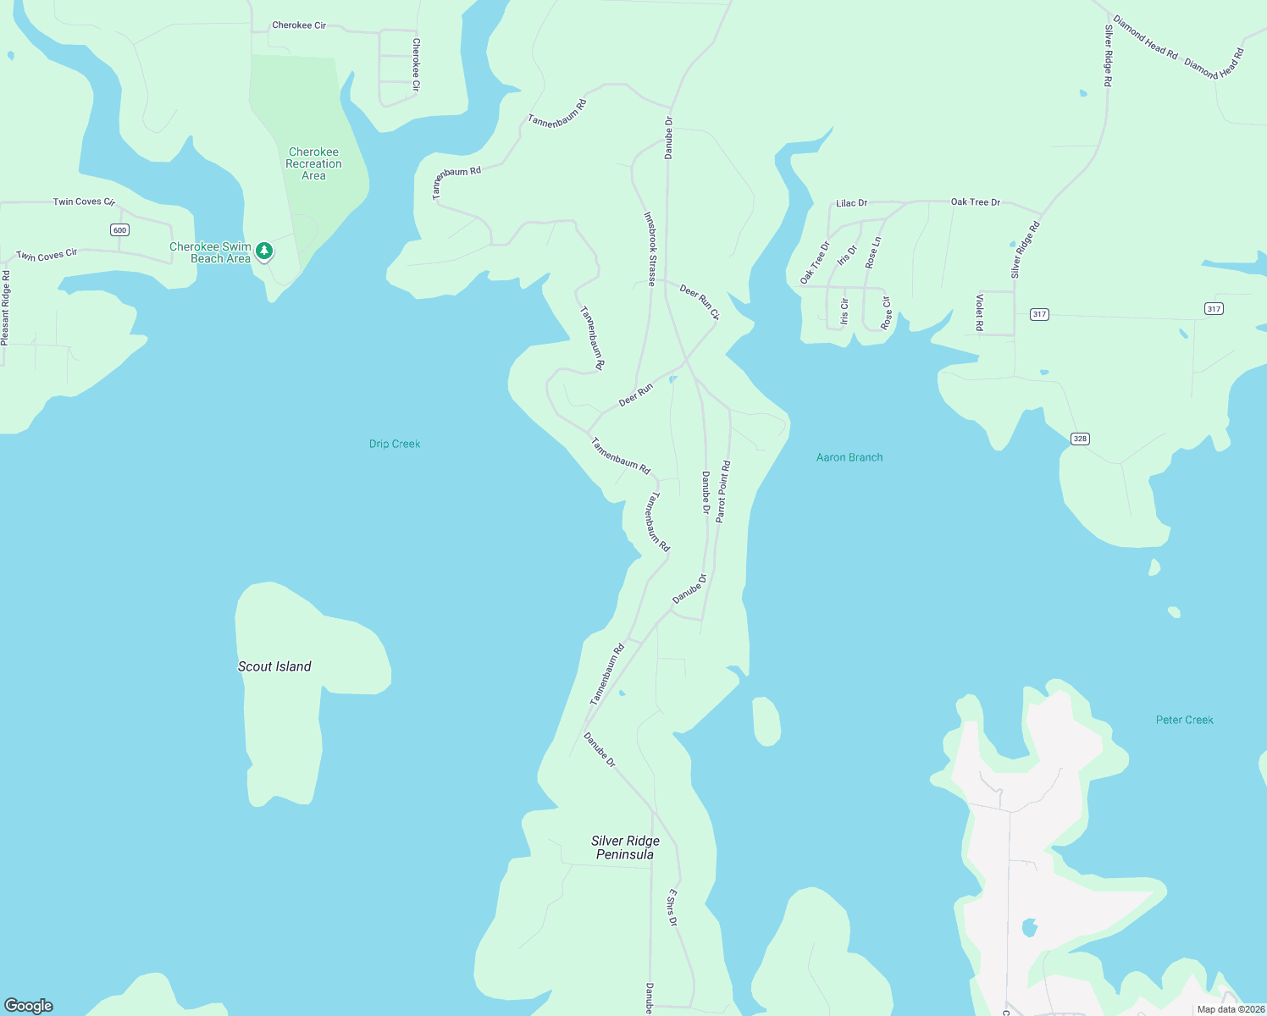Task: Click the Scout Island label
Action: [274, 666]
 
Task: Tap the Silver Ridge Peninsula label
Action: [625, 848]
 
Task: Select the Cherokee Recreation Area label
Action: [313, 163]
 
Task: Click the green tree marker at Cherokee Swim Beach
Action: [264, 251]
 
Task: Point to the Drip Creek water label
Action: [395, 444]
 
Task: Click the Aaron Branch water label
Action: [849, 457]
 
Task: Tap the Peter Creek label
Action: [1184, 720]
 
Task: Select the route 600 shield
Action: [119, 230]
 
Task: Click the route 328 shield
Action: [1080, 439]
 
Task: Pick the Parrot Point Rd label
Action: [723, 492]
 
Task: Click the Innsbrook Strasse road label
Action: [650, 249]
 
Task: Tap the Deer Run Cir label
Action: [700, 302]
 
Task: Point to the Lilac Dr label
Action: [851, 203]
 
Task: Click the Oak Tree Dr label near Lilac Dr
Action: [975, 202]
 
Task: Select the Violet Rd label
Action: [980, 312]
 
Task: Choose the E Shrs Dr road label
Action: [672, 908]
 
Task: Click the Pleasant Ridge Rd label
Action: [5, 307]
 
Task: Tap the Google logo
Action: [29, 1005]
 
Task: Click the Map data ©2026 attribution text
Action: [1231, 1009]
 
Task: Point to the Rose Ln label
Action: [873, 253]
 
